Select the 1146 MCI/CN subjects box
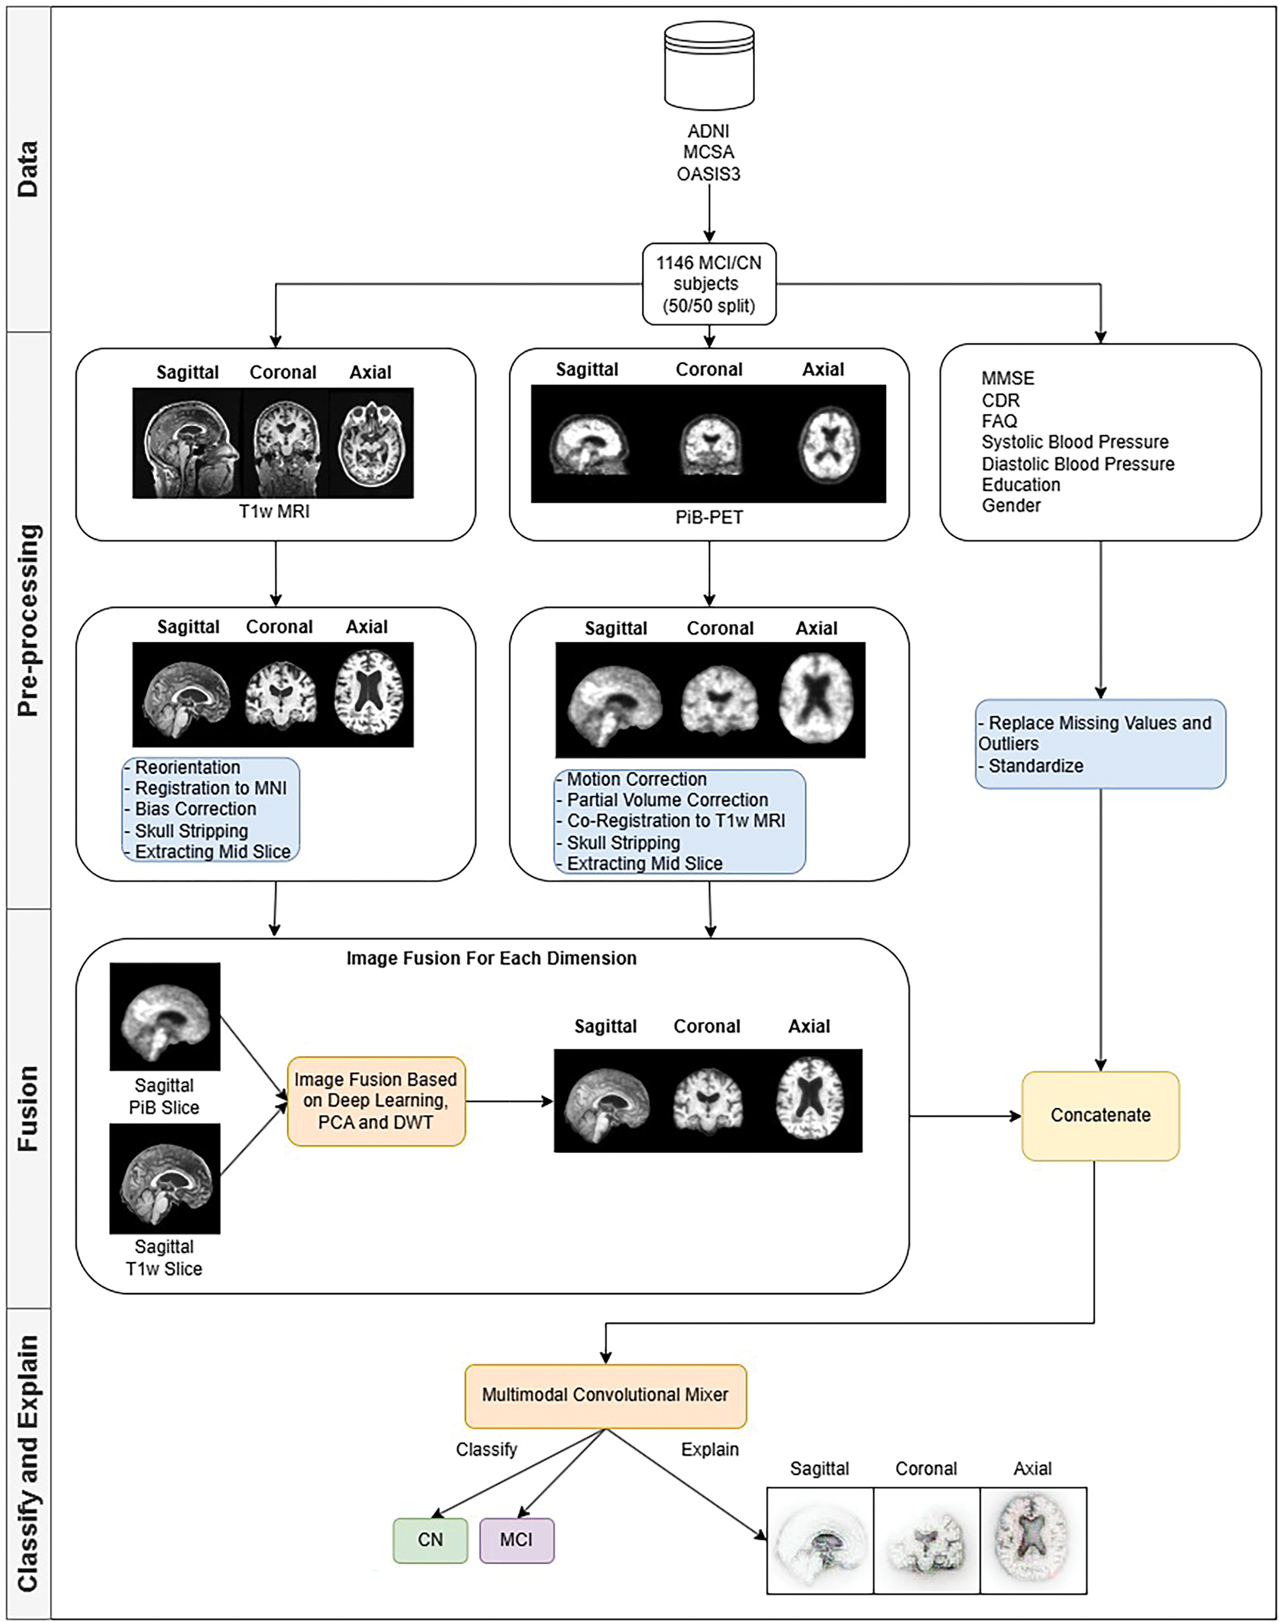(709, 284)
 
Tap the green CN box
(430, 1539)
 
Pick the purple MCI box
(517, 1539)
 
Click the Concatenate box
(1100, 1115)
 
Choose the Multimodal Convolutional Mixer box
(605, 1395)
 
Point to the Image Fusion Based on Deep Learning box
(376, 1101)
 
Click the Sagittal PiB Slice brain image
(165, 1016)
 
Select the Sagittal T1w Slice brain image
(165, 1178)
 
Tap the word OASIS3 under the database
(709, 174)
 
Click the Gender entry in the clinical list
(1011, 505)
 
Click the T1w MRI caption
(274, 512)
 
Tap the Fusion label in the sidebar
(28, 1108)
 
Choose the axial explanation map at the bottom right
(1033, 1539)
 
